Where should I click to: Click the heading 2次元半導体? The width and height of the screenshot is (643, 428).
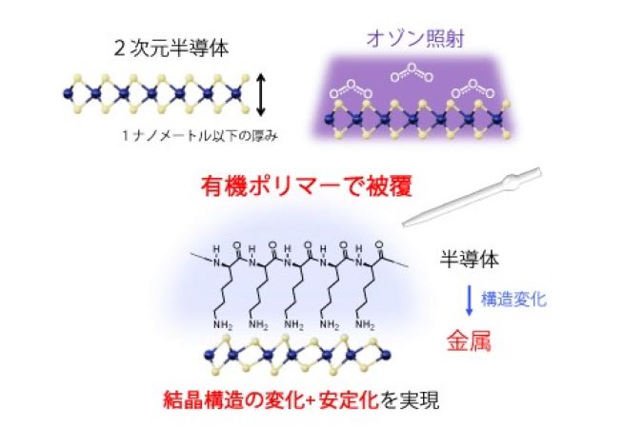[171, 49]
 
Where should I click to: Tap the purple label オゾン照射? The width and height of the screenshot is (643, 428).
[415, 39]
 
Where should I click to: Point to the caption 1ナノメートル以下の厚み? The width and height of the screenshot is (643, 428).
[200, 136]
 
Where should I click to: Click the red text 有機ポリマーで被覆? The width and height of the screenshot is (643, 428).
[307, 186]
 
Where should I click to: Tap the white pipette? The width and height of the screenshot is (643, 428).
[472, 197]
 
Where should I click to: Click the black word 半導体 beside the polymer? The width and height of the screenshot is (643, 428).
[469, 260]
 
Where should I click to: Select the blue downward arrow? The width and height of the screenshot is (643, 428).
[470, 302]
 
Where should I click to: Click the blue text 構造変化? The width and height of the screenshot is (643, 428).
[513, 299]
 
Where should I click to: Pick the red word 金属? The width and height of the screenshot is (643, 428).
[469, 340]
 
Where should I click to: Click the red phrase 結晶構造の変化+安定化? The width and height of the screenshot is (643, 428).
[271, 399]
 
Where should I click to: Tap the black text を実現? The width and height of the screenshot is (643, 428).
[410, 399]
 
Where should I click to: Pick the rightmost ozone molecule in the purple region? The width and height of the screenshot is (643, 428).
[472, 89]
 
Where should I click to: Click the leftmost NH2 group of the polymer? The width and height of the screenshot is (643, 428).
[223, 325]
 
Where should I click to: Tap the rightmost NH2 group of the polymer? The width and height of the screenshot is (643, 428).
[365, 325]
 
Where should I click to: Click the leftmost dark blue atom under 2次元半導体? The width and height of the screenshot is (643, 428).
[68, 94]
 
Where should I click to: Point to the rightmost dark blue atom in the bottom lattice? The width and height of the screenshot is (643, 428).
[386, 355]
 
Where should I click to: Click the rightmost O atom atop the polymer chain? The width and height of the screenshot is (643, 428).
[378, 245]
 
